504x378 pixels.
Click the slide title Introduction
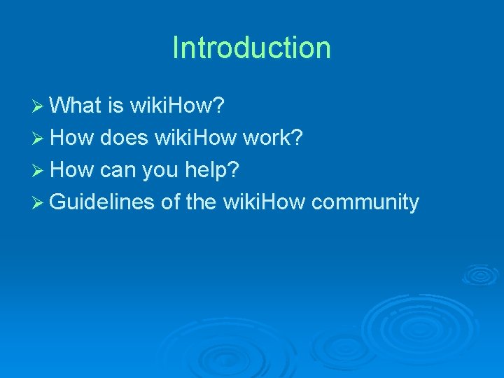point(251,48)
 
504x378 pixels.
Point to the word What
point(76,106)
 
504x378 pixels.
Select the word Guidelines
point(102,202)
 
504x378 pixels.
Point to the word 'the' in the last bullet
point(201,202)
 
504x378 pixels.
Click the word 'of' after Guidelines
point(170,202)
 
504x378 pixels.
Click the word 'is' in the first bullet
point(115,106)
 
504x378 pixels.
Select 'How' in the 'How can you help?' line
point(72,170)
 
